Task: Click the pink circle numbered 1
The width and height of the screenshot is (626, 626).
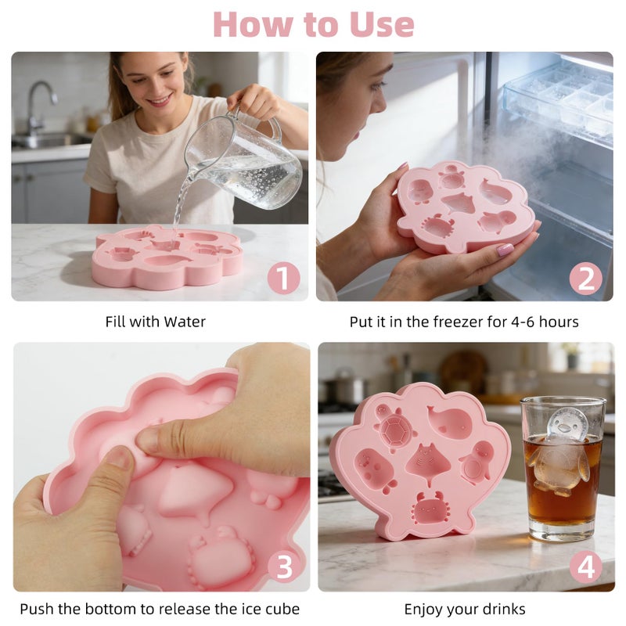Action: [283, 278]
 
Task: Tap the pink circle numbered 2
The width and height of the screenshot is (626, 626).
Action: [585, 278]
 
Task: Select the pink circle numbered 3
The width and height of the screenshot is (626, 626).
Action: [283, 567]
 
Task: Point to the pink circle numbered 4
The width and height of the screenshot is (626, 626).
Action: [585, 567]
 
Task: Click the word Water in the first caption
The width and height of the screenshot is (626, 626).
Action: [185, 322]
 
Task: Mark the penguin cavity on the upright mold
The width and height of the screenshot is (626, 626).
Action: [477, 462]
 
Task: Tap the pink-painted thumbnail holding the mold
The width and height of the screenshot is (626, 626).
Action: [505, 250]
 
